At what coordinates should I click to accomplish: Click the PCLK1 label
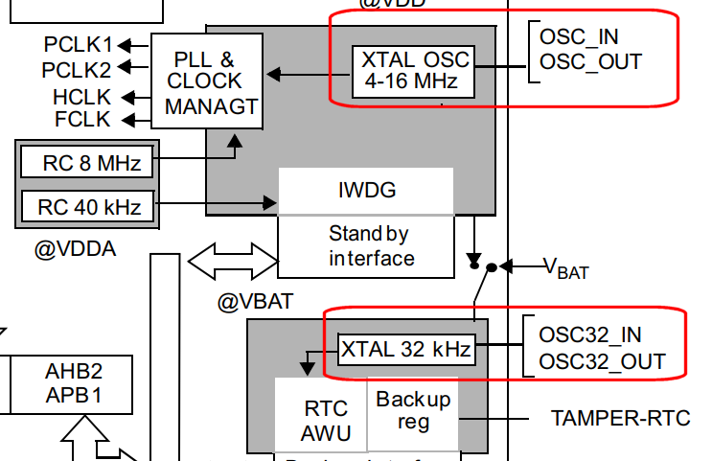(78, 44)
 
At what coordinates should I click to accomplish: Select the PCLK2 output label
(76, 69)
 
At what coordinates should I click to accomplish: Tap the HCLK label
(82, 96)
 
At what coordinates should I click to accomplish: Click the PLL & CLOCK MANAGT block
(206, 81)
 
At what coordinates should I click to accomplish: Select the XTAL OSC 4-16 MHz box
(414, 71)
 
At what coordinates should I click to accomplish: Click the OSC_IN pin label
(579, 37)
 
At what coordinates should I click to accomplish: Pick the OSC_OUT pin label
(590, 62)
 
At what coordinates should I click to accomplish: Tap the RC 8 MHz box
(85, 164)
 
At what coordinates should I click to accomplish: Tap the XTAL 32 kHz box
(406, 350)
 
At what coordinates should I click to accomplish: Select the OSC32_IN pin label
(590, 334)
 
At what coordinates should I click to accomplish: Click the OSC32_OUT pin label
(602, 361)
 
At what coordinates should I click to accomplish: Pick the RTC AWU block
(320, 420)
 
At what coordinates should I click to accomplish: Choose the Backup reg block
(413, 410)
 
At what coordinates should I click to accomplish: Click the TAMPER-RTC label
(620, 418)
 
